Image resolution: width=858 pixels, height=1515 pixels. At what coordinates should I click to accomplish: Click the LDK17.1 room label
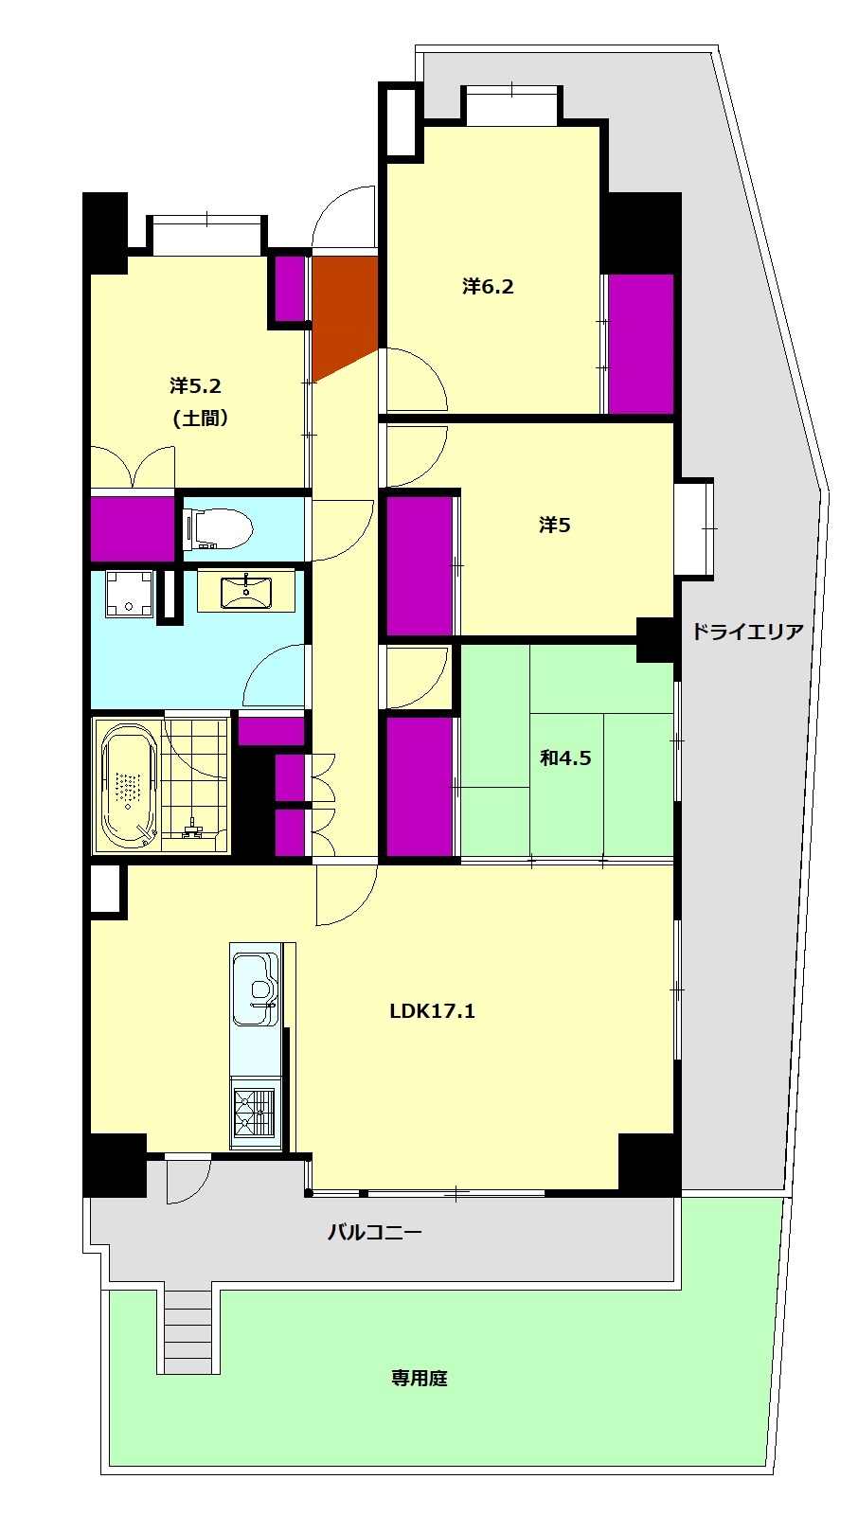[432, 1011]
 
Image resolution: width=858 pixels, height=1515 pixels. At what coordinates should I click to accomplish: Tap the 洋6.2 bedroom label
[488, 286]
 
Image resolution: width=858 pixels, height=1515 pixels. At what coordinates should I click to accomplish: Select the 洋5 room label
[554, 525]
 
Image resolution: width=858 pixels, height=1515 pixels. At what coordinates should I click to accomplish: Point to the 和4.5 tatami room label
[565, 757]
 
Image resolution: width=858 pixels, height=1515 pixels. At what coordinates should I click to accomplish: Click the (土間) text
[200, 419]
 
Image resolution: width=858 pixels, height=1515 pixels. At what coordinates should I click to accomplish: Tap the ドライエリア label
[748, 632]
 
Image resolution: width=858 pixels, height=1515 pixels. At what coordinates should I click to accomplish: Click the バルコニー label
[374, 1232]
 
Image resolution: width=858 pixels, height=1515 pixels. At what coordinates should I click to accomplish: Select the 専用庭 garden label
[419, 1378]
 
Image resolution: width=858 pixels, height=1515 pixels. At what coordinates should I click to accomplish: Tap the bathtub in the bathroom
[129, 785]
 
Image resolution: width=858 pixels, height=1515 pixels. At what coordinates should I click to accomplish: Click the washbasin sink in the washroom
[245, 592]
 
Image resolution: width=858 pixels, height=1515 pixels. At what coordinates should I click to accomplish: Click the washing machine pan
[129, 593]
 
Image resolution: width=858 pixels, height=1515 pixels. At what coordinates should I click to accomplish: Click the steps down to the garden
[188, 1331]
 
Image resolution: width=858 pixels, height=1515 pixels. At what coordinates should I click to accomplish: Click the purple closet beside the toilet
[133, 529]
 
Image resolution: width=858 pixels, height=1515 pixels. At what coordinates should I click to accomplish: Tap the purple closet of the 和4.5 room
[420, 787]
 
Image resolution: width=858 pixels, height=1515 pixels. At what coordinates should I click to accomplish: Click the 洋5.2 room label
[195, 386]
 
